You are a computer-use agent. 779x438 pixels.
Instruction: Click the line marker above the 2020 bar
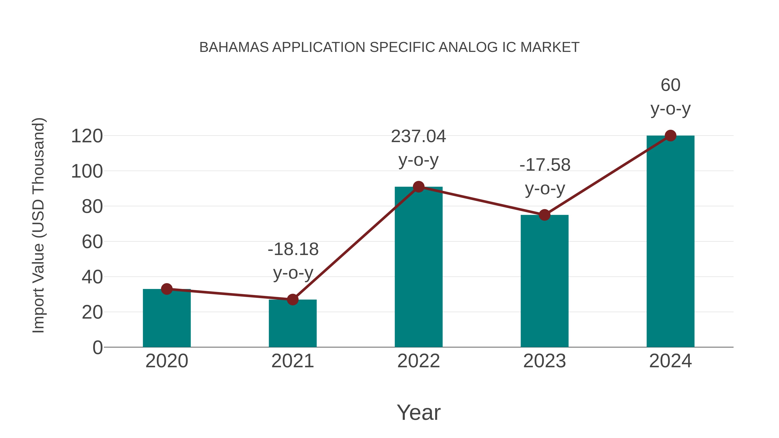[x=167, y=289]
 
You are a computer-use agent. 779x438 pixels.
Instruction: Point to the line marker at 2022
[x=418, y=187]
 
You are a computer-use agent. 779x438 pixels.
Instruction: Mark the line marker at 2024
[x=670, y=136]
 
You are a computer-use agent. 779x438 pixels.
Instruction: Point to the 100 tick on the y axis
[x=87, y=171]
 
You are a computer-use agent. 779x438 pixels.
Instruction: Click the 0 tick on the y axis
[x=97, y=348]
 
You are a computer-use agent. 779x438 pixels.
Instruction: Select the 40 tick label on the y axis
[x=92, y=277]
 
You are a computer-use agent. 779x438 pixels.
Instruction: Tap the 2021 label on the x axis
[x=292, y=361]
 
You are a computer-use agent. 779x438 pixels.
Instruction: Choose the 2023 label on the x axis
[x=544, y=361]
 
